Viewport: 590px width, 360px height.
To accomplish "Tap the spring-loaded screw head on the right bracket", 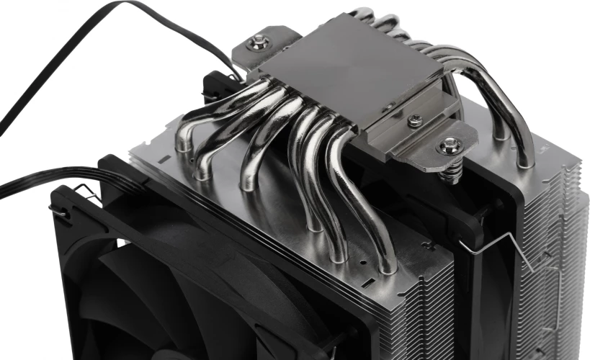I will (x=447, y=146).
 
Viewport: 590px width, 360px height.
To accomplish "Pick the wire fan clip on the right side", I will (x=497, y=248).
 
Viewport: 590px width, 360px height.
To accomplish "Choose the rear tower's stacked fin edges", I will (x=558, y=238).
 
